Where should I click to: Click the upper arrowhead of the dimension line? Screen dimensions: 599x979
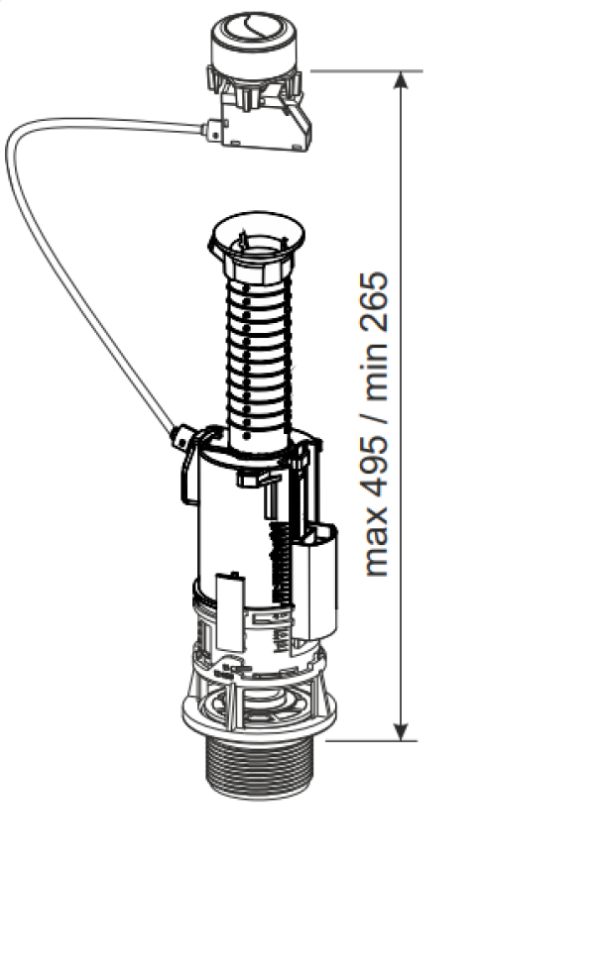click(x=402, y=80)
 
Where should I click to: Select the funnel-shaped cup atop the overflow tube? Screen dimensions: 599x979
click(x=257, y=241)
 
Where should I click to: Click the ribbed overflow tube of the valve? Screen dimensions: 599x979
click(x=257, y=362)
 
